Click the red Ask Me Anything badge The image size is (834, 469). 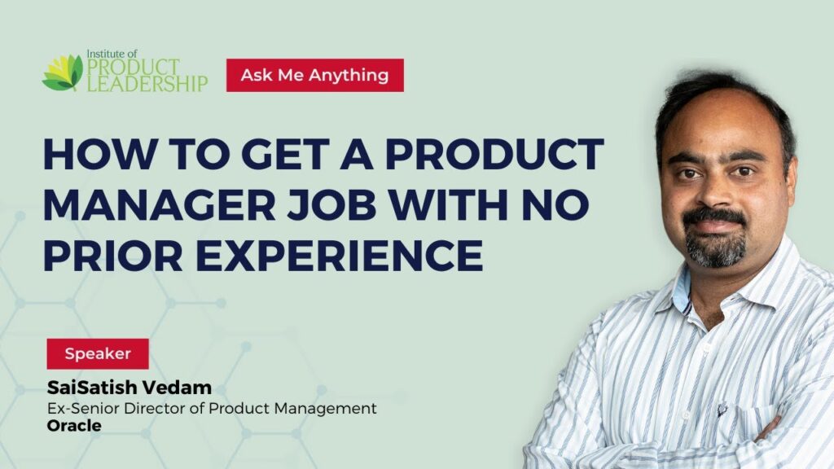point(315,75)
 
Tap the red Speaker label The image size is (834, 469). point(98,353)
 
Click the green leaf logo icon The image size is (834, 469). point(63,72)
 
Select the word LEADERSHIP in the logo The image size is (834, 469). point(147,83)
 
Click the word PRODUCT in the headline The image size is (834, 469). point(494,154)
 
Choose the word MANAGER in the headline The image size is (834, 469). point(160,204)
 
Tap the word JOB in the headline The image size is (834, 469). point(332,204)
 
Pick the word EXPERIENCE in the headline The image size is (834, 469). point(340,255)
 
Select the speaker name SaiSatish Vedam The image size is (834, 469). point(129,388)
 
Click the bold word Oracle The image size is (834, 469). point(74,425)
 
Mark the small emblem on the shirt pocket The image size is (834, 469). point(722,409)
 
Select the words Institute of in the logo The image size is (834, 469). point(112,54)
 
